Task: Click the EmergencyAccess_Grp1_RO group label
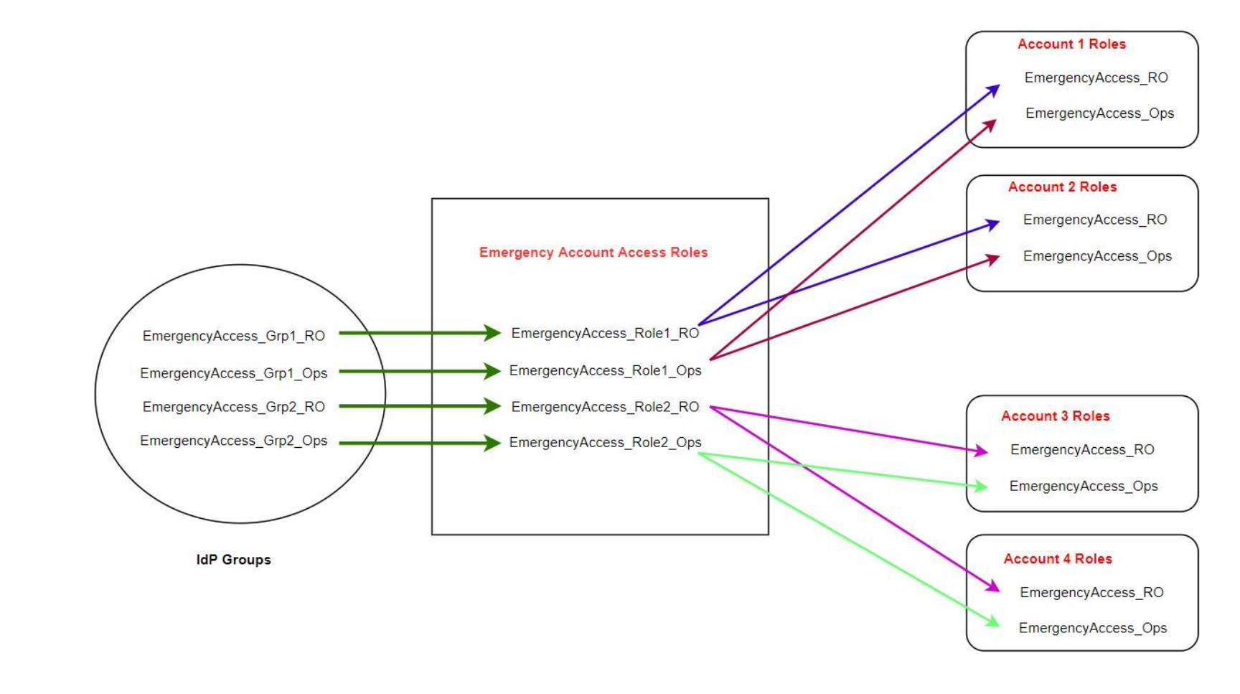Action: tap(233, 336)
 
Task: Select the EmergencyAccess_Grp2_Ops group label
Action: tap(233, 441)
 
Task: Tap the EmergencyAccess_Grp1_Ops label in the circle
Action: tap(233, 373)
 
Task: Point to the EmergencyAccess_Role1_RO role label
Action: tap(605, 333)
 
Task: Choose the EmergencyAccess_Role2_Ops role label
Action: tap(605, 442)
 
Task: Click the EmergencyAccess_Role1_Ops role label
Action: tap(605, 370)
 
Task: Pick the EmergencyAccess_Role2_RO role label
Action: tap(605, 407)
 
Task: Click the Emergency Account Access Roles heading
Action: tap(593, 253)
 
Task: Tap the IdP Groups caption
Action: tap(233, 560)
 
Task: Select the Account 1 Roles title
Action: tap(1071, 44)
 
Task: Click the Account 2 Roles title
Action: tap(1062, 187)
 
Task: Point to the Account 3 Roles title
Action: tap(1055, 416)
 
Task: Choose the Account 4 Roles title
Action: tap(1058, 559)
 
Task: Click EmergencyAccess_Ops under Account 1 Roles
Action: tap(1099, 113)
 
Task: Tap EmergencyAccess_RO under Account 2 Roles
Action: tap(1095, 220)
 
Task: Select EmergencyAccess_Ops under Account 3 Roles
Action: tap(1084, 486)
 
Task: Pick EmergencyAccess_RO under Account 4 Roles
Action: tap(1091, 592)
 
